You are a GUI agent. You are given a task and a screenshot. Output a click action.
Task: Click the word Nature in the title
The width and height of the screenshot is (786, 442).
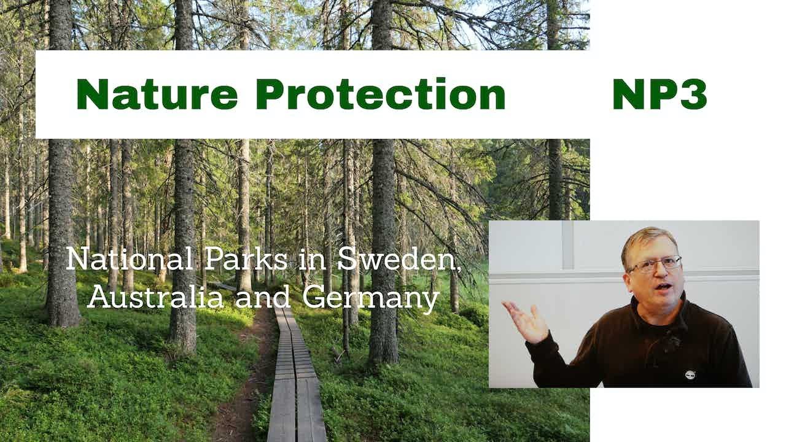tap(157, 95)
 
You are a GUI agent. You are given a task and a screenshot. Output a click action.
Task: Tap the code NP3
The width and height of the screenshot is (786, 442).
tap(660, 95)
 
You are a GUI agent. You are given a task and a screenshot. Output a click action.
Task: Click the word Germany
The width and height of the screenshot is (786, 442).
tap(371, 298)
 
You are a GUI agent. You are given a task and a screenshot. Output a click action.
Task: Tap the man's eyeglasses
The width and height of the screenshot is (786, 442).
tap(656, 264)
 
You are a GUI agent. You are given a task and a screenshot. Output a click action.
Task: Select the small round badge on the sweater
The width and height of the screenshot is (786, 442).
tap(690, 373)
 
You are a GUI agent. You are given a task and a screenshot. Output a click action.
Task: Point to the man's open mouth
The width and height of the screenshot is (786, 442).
tap(662, 287)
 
